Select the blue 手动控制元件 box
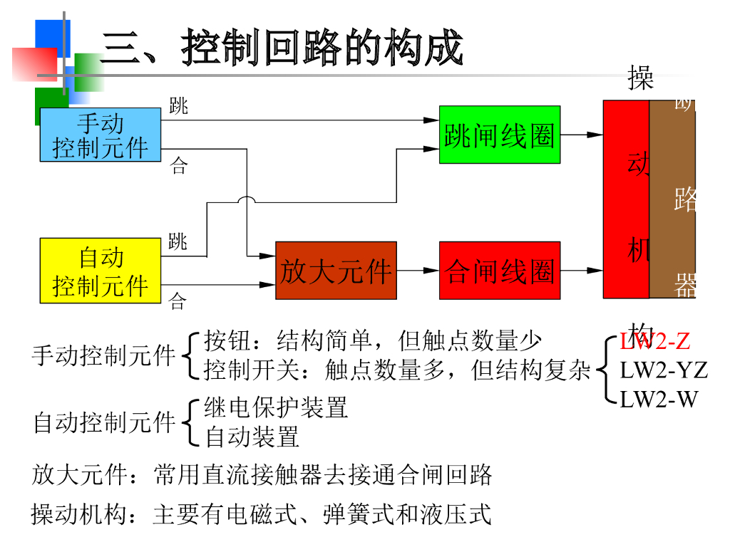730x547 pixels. click(101, 135)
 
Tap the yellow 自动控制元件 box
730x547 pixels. click(101, 271)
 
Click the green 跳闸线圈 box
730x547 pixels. click(499, 135)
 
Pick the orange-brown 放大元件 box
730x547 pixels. click(336, 271)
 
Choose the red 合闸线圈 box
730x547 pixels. click(499, 271)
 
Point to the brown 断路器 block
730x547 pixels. click(673, 199)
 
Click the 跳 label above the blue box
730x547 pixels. click(179, 106)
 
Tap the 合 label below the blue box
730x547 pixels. click(178, 167)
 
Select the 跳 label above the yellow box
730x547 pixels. click(178, 241)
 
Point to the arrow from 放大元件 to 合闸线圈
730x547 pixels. click(418, 271)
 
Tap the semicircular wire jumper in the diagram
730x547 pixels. click(247, 201)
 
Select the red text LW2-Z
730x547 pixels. click(654, 341)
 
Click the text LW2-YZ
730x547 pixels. click(663, 370)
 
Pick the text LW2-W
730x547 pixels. click(658, 399)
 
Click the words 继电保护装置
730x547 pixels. click(277, 408)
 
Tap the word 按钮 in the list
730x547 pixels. click(228, 341)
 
